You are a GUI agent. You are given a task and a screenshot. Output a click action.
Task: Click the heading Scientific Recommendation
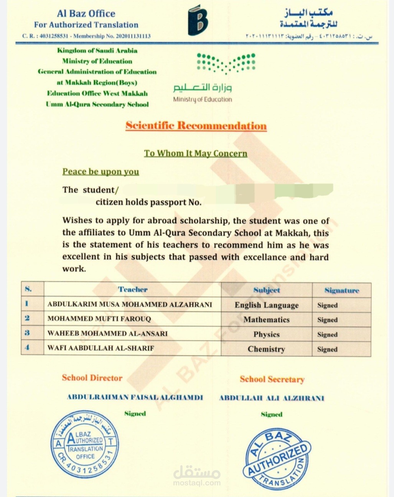196,126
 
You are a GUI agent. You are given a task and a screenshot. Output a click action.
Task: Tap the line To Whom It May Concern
196,153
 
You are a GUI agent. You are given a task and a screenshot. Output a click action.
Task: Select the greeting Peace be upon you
101,171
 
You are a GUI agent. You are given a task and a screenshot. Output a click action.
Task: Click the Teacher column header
132,290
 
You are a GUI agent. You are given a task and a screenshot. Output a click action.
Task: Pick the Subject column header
267,290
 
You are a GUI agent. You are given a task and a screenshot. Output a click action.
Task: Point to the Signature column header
341,290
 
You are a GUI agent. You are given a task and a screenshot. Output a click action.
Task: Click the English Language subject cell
267,305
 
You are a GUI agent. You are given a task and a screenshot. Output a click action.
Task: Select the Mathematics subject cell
267,319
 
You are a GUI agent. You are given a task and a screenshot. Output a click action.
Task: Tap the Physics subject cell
267,334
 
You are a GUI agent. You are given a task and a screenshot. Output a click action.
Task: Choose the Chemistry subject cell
267,349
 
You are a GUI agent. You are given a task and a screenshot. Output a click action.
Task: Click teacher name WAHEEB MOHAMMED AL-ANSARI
107,333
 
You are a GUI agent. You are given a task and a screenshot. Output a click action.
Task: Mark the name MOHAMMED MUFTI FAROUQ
99,319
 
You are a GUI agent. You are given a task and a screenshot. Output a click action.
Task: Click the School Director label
92,378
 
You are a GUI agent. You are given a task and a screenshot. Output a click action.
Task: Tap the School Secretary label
272,379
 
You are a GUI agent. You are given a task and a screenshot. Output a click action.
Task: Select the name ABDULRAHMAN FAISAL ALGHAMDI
135,397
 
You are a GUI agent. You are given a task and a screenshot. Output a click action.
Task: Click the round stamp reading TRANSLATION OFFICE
85,445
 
